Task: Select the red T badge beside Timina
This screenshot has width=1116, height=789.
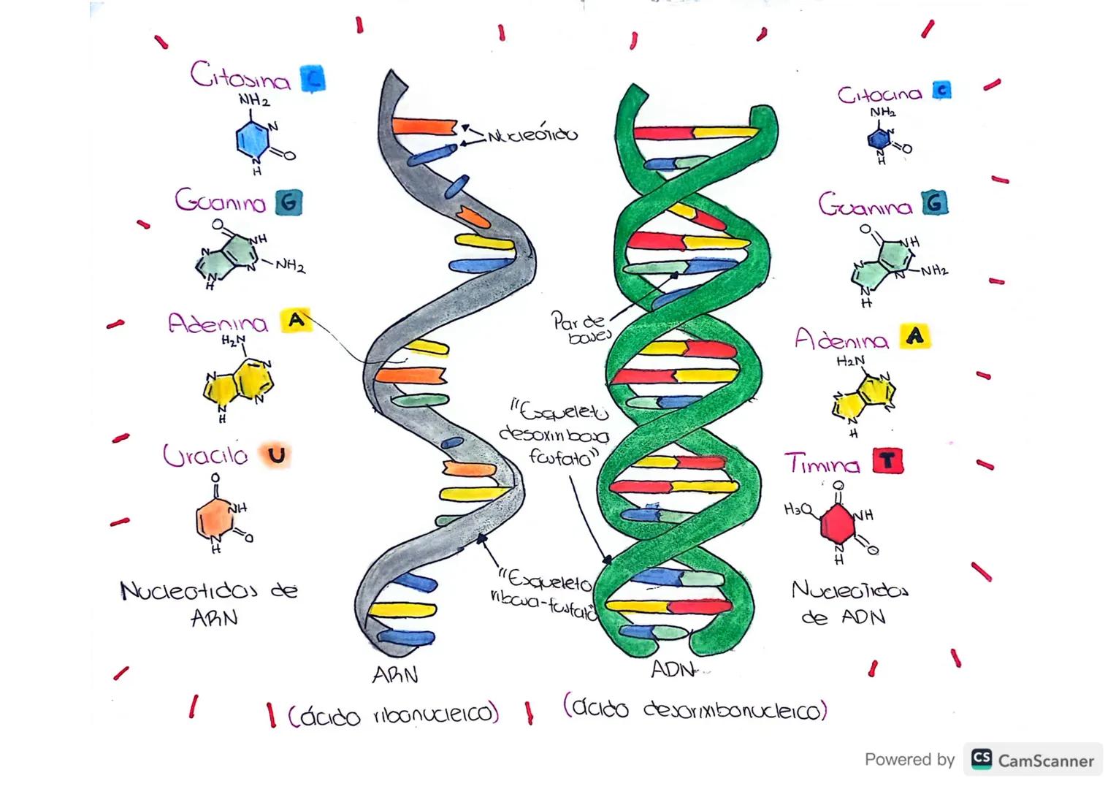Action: [887, 461]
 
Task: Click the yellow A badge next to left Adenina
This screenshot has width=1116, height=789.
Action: [295, 320]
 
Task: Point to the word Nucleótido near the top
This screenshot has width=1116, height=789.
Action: [532, 135]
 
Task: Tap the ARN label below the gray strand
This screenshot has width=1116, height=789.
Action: [395, 675]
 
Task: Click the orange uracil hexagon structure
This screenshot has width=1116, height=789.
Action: [213, 519]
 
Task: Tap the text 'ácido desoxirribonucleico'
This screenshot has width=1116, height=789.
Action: [695, 709]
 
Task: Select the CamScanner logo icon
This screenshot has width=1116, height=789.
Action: [982, 759]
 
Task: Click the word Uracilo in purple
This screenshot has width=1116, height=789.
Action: [205, 456]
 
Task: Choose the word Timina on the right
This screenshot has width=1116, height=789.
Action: [822, 464]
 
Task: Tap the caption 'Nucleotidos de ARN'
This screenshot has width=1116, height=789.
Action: [210, 603]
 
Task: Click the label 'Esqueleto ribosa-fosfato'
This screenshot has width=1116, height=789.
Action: [544, 596]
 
